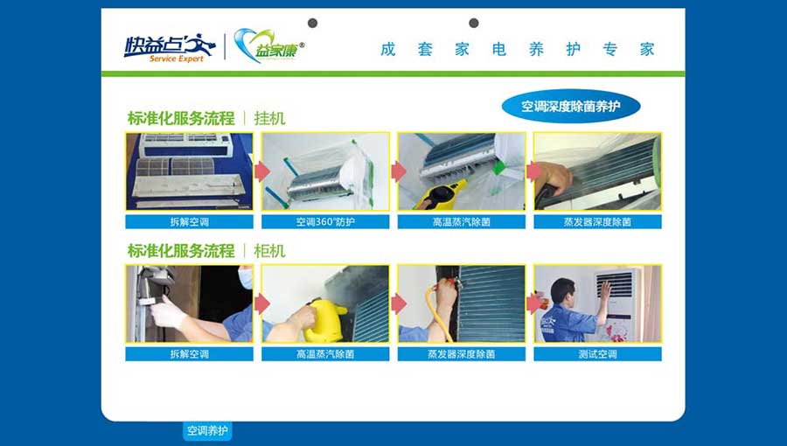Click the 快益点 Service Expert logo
point(170,48)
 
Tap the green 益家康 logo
point(269,46)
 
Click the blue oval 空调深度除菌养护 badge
point(571,107)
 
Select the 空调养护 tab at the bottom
point(207,430)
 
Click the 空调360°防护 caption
point(325,222)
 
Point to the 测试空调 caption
point(597,354)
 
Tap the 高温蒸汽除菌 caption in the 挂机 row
point(461,222)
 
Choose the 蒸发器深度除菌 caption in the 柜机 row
point(461,354)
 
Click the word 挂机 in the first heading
point(269,118)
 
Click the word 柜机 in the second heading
point(269,251)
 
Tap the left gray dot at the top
point(312,23)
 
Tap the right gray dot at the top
point(473,23)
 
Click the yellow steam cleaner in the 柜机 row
point(324,321)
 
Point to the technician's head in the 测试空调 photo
point(562,291)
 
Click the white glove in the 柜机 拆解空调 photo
point(168,311)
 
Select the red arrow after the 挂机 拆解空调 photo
point(262,171)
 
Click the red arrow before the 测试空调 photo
point(534,303)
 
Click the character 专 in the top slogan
point(609,49)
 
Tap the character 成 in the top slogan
point(388,49)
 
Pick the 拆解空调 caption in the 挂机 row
point(189,222)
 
